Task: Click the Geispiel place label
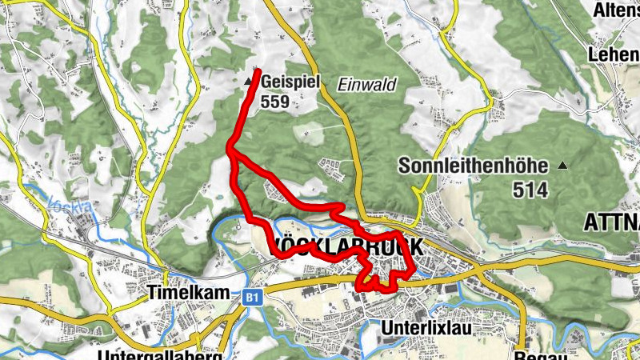click(x=290, y=82)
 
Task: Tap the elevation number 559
click(x=274, y=102)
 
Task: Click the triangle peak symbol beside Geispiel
click(x=247, y=82)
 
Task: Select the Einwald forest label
click(x=366, y=85)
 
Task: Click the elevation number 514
click(x=532, y=190)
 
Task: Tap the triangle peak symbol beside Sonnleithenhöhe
click(x=563, y=166)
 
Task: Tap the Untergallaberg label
click(x=160, y=354)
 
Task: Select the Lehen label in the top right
click(x=614, y=54)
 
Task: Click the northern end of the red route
click(x=258, y=72)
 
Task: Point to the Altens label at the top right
click(x=615, y=10)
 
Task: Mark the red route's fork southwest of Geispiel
click(x=230, y=149)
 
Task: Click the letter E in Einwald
click(x=342, y=85)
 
